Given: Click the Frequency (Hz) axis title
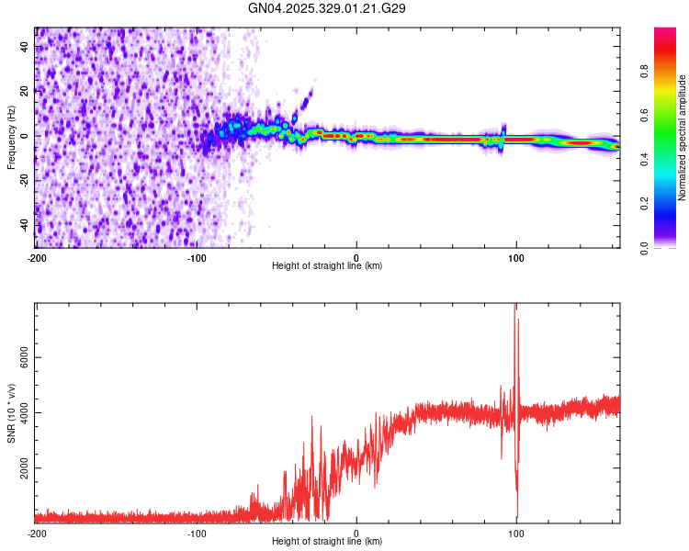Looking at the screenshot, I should (x=11, y=138).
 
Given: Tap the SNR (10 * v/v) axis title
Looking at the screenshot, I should (x=11, y=412).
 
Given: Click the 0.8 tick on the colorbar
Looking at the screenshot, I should (x=671, y=72).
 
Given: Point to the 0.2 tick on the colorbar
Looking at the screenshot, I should (x=671, y=204).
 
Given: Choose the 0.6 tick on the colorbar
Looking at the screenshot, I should (x=671, y=116).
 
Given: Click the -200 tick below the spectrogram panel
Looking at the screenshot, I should (x=37, y=257).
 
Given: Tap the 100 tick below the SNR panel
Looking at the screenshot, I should (x=516, y=533).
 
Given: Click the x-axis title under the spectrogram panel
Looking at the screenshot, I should (x=328, y=266).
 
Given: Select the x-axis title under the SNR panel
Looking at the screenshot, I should (x=328, y=542).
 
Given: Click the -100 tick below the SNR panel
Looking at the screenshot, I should (x=197, y=533).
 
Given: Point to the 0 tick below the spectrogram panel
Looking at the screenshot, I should (x=356, y=257).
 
